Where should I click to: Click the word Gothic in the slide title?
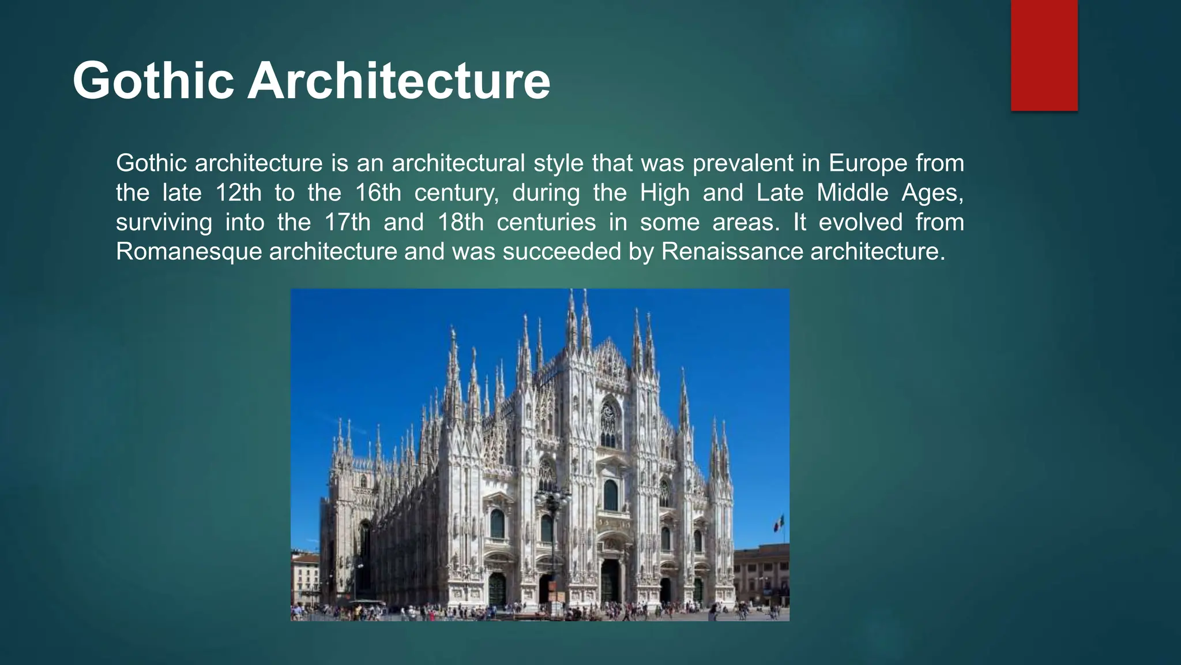tap(153, 81)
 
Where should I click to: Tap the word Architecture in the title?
tap(398, 81)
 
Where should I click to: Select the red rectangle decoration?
tap(1044, 55)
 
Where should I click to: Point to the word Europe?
tap(868, 163)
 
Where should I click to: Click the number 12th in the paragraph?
tap(238, 193)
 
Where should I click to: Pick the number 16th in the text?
tap(378, 193)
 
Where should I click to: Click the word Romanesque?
tap(189, 252)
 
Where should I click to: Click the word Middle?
tap(852, 193)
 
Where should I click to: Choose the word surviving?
tap(164, 222)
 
